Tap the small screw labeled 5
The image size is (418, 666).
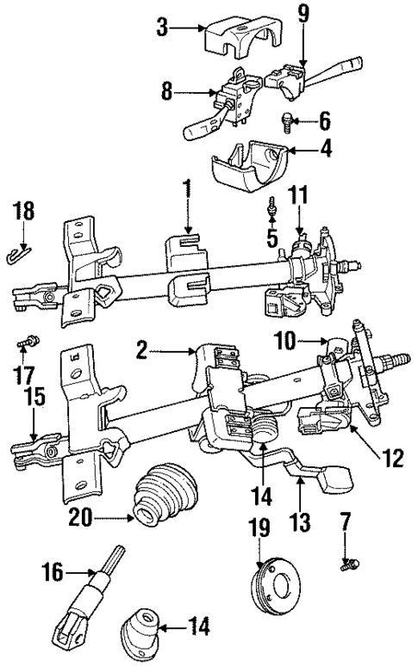click(x=272, y=206)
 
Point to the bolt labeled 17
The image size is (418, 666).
click(x=23, y=344)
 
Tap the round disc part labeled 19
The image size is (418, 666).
click(x=277, y=583)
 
